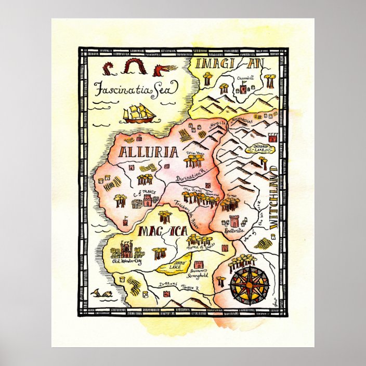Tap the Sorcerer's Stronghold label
(x=198, y=273)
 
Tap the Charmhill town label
(x=246, y=79)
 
